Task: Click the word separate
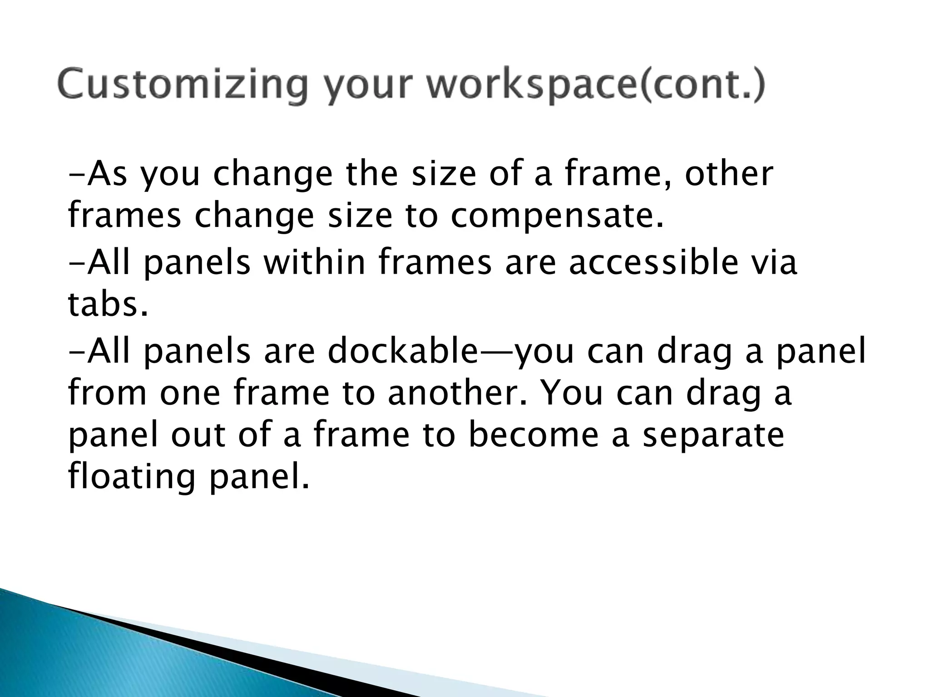[x=713, y=435]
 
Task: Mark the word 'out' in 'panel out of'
[x=198, y=435]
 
